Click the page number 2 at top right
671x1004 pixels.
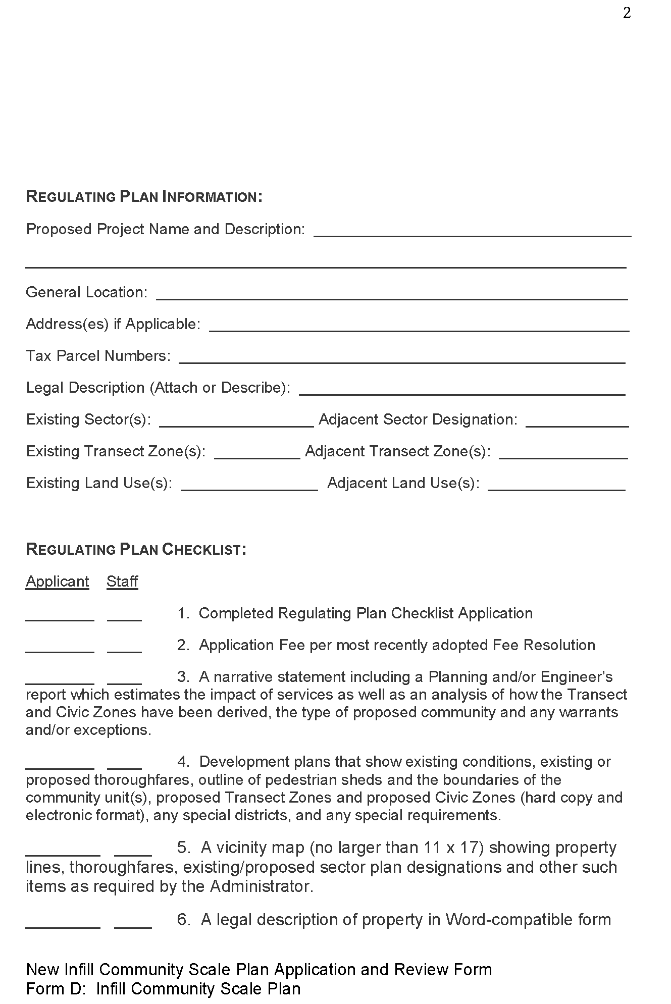[x=627, y=14]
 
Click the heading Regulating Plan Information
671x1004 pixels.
[x=144, y=197]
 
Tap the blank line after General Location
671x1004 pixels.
[x=392, y=295]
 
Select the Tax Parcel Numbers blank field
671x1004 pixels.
[x=402, y=359]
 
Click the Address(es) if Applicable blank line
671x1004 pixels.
[x=419, y=327]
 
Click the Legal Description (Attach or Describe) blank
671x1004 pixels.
[x=462, y=391]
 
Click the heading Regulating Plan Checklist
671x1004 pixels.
[x=136, y=550]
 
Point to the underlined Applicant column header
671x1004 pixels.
[x=58, y=582]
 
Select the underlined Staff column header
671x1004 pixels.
[x=122, y=582]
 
